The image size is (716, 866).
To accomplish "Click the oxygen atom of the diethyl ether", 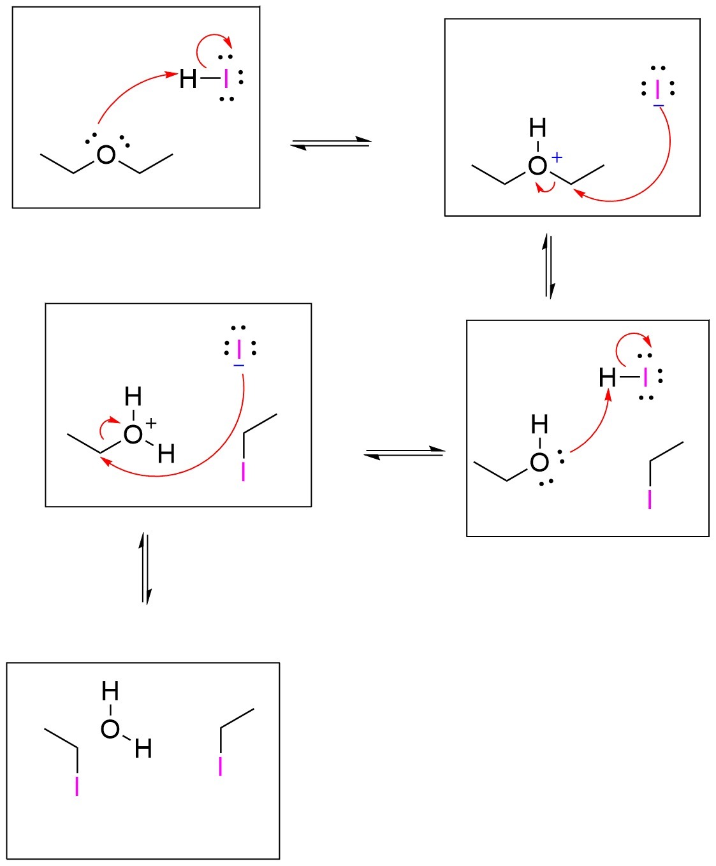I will coord(106,155).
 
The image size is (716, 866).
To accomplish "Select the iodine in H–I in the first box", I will coord(225,78).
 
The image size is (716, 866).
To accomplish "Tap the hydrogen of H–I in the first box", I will coord(188,79).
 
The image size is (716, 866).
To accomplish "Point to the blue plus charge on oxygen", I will coord(557,157).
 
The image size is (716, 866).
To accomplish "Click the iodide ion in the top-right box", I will coord(658,89).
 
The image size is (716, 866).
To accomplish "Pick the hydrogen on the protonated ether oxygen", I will coord(537,129).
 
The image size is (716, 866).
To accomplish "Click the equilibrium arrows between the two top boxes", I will coord(330,143).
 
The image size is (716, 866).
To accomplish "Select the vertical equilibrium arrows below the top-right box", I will coord(549,266).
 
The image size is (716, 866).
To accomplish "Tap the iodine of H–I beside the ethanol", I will coord(645,378).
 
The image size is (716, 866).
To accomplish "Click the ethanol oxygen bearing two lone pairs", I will coord(539,463).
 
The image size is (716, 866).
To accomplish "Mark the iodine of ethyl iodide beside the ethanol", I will coord(650,499).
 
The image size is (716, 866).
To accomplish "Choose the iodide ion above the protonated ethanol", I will coord(239,349).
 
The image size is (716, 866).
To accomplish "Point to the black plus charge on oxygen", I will coord(151,422).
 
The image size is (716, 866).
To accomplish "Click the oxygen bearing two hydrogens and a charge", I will coord(133,435).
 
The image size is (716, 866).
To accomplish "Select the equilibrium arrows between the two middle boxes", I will coord(404,452).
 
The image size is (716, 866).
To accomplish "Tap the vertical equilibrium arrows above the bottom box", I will coord(146,568).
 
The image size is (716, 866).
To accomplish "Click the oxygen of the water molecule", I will coord(110,729).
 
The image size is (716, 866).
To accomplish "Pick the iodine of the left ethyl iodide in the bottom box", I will coord(77,786).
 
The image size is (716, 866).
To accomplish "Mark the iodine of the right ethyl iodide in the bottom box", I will coord(221,767).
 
